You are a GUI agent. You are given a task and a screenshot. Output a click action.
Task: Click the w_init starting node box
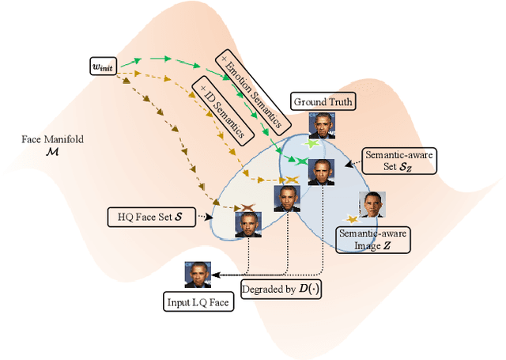click(103, 69)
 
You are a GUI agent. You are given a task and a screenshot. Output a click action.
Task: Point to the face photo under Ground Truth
click(321, 126)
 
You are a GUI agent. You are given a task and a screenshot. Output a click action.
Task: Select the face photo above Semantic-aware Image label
click(372, 205)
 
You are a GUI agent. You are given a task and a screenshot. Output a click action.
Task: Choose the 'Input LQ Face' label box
click(199, 301)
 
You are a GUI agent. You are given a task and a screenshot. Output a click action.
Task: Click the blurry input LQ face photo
click(198, 274)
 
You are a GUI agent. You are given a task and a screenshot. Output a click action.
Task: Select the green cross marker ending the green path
click(301, 161)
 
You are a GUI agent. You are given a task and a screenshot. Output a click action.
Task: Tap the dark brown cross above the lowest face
click(247, 207)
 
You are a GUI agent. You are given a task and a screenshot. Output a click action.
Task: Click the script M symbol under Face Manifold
click(52, 153)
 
